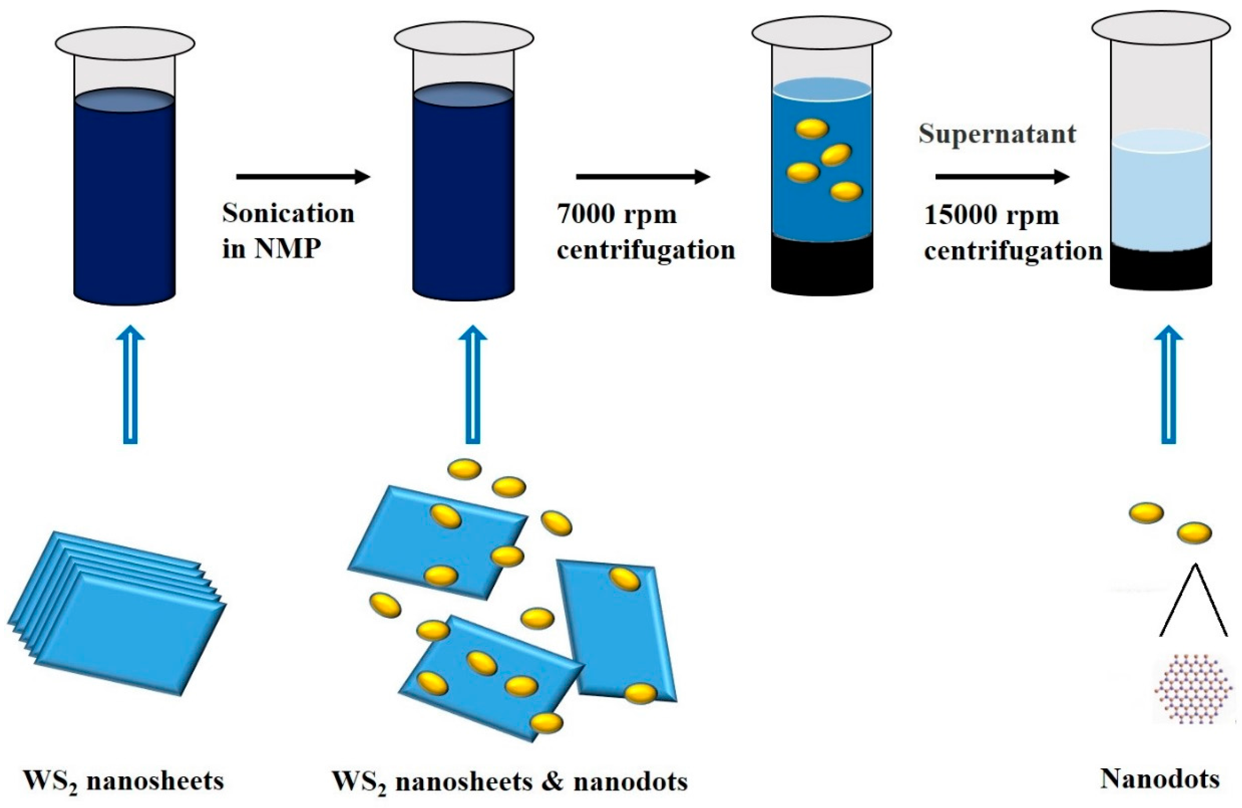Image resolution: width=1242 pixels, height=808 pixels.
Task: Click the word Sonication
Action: point(288,214)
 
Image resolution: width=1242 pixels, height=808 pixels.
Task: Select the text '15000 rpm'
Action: point(991,215)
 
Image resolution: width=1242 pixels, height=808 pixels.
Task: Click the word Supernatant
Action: point(997,134)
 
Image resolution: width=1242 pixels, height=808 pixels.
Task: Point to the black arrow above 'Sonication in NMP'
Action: point(303,177)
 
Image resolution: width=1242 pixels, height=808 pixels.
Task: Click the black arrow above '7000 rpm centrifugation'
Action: point(642,177)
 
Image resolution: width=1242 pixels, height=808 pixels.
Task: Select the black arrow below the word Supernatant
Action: point(1002,177)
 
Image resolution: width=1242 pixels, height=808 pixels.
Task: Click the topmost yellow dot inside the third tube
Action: point(812,128)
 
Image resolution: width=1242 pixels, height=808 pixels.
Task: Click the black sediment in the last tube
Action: point(1161,269)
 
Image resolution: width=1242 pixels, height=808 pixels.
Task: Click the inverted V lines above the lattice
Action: point(1193,601)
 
